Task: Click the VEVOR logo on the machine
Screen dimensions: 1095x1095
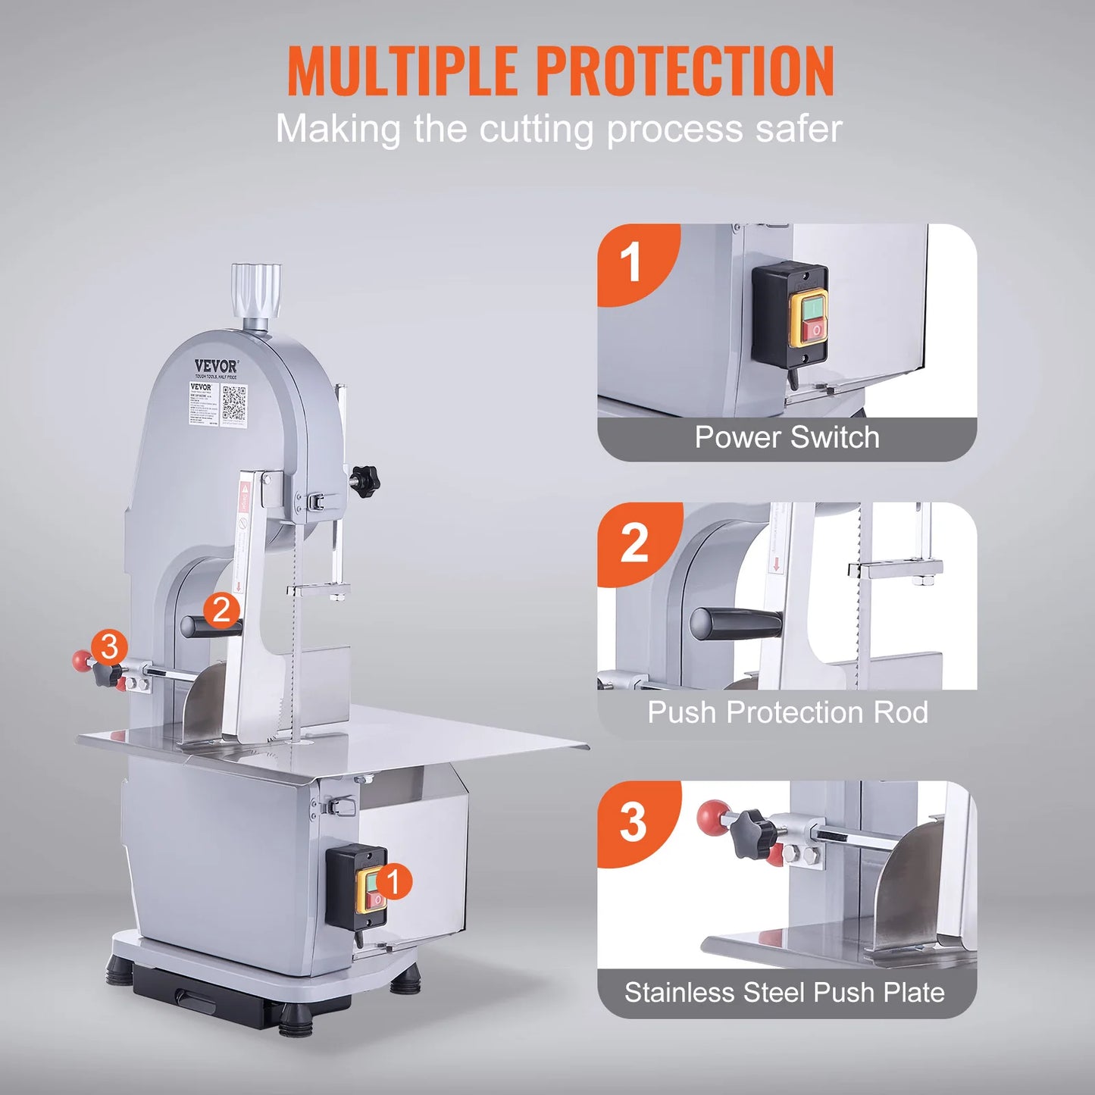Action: click(216, 367)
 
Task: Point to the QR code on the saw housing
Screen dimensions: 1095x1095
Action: click(234, 403)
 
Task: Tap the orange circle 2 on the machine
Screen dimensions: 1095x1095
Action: click(221, 610)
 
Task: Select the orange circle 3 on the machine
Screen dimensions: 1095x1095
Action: click(109, 647)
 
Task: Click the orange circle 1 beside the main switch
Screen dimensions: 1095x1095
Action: click(393, 882)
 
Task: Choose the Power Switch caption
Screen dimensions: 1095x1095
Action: click(787, 438)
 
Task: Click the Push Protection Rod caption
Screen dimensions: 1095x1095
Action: click(787, 713)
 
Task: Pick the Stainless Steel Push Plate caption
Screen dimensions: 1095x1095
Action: click(784, 993)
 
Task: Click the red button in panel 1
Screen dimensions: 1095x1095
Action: click(813, 330)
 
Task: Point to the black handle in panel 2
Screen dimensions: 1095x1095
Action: click(735, 624)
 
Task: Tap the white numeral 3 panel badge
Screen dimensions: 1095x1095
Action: click(633, 822)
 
